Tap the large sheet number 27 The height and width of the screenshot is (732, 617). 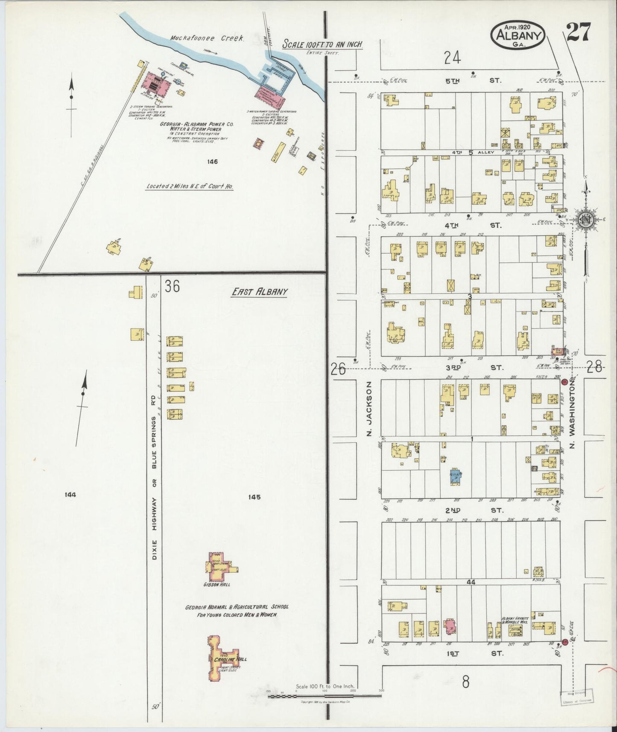[579, 32]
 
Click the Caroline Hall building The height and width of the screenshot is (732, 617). [225, 659]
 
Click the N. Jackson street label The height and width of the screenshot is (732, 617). [370, 409]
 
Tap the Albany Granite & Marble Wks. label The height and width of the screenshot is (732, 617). [515, 621]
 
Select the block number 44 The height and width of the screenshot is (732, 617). [471, 582]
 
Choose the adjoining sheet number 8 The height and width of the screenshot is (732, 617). [465, 682]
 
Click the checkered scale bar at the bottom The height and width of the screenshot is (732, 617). [325, 696]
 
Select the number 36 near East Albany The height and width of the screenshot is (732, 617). [172, 286]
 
